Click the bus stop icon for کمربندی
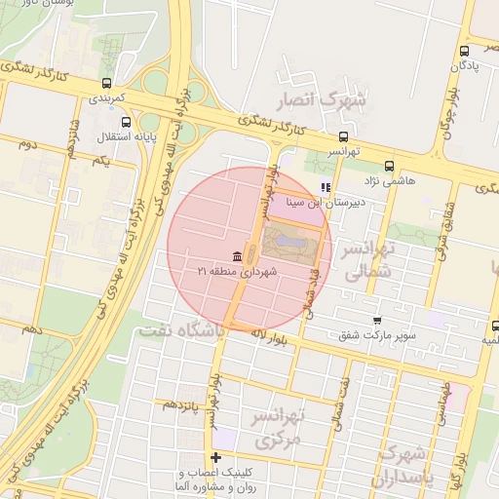click(105, 83)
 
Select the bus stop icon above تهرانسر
click(343, 137)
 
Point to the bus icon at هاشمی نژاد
click(390, 166)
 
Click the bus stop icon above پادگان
click(465, 52)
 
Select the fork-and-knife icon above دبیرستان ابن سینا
click(326, 187)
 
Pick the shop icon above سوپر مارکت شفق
click(377, 320)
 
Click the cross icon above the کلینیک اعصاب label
click(215, 457)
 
